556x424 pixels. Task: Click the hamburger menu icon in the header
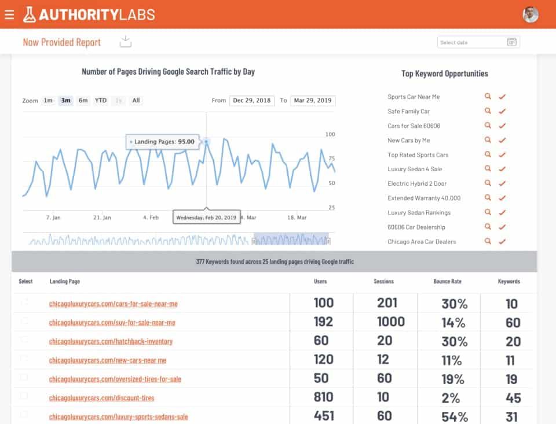pos(9,14)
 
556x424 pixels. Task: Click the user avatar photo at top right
pos(530,14)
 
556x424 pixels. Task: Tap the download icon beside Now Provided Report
pos(126,42)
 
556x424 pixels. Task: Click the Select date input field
pos(472,42)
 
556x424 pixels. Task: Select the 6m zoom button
pos(83,101)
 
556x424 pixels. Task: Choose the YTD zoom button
pos(101,101)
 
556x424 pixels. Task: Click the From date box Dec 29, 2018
pos(251,101)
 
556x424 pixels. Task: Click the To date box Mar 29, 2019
pos(313,101)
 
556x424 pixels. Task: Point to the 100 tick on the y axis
pos(330,134)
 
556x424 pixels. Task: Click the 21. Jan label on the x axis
pos(102,217)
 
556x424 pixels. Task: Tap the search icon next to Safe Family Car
pos(488,111)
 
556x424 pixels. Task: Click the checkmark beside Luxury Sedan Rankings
pos(502,213)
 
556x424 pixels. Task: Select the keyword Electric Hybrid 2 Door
pos(417,183)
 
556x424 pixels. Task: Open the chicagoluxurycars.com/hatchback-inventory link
pos(111,341)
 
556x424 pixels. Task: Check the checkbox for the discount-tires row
pos(24,396)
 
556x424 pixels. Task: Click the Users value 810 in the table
pos(323,397)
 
